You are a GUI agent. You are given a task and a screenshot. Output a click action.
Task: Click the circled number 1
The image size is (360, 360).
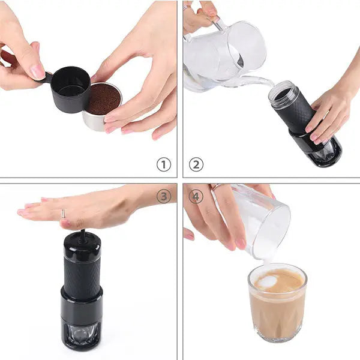[164, 164]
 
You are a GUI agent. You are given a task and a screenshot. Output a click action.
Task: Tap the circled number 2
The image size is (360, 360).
[196, 164]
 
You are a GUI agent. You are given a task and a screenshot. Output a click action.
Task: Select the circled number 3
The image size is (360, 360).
[164, 196]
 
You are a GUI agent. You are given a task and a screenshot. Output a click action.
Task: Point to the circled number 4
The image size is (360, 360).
[196, 196]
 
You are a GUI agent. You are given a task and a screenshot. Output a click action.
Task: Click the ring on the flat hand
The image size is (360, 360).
[62, 214]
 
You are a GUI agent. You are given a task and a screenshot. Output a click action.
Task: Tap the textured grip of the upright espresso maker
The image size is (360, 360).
[82, 276]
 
